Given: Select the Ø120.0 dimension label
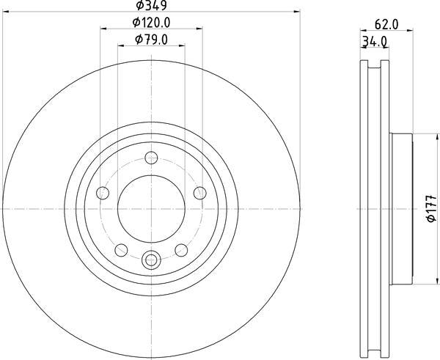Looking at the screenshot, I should pos(152,23).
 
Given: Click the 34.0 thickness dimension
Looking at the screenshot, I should pos(374,42).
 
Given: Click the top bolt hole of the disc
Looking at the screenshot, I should pos(152,157).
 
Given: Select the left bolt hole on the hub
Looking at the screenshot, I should pos(103,193).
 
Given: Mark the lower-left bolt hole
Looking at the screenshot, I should pos(122,249).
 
